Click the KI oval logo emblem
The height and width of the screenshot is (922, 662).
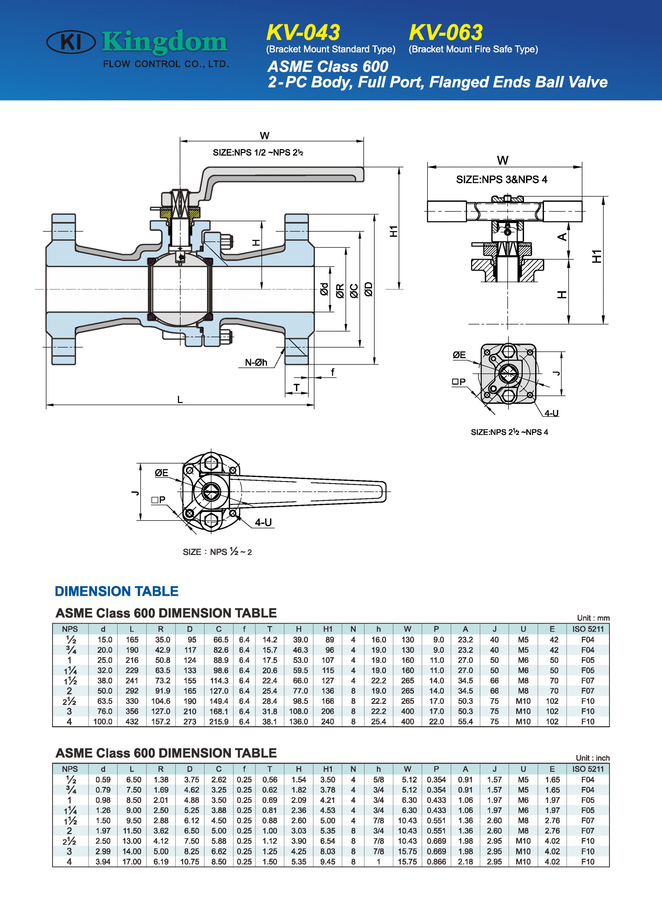(x=71, y=42)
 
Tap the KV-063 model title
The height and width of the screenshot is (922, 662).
(x=446, y=33)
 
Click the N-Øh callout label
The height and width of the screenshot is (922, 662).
(x=256, y=362)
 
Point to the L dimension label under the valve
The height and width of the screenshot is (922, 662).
(x=180, y=400)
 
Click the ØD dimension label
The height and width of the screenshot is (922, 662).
(x=369, y=289)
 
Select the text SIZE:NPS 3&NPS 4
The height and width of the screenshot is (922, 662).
(x=501, y=179)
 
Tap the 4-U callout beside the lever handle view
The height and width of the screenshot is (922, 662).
(x=263, y=522)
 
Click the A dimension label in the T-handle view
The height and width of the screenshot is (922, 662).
(x=562, y=237)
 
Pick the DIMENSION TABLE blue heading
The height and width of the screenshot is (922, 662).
(x=117, y=591)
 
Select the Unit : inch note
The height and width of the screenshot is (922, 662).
(x=592, y=758)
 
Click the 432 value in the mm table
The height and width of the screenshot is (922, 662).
(x=132, y=722)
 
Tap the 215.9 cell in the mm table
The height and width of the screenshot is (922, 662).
(x=219, y=722)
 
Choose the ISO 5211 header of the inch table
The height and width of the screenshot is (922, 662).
(x=588, y=769)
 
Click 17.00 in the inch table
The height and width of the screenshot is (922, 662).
(x=132, y=861)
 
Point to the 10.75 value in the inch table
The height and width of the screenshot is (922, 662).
(x=189, y=861)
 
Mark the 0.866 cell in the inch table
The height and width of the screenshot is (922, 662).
(x=436, y=861)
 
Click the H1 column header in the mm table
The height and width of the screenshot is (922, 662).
(x=328, y=629)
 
